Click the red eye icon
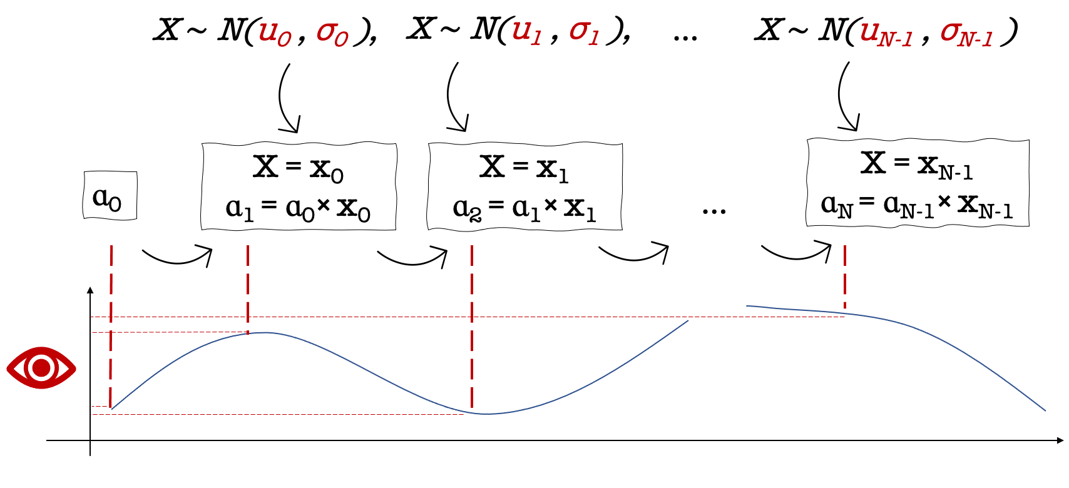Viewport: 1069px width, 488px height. pyautogui.click(x=41, y=367)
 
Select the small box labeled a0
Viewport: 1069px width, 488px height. pyautogui.click(x=110, y=196)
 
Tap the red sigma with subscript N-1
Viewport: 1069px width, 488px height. pyautogui.click(x=968, y=33)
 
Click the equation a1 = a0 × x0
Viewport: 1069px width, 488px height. pyautogui.click(x=298, y=209)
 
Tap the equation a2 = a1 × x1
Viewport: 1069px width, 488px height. pyautogui.click(x=524, y=209)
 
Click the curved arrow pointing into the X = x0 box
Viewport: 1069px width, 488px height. pyautogui.click(x=285, y=100)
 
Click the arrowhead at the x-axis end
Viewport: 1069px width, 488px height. pyautogui.click(x=1059, y=440)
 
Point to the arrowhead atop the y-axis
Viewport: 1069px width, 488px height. pyautogui.click(x=90, y=291)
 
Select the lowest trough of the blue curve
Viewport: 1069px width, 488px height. pyautogui.click(x=487, y=414)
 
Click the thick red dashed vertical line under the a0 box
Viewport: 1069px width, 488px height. pyautogui.click(x=111, y=325)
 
